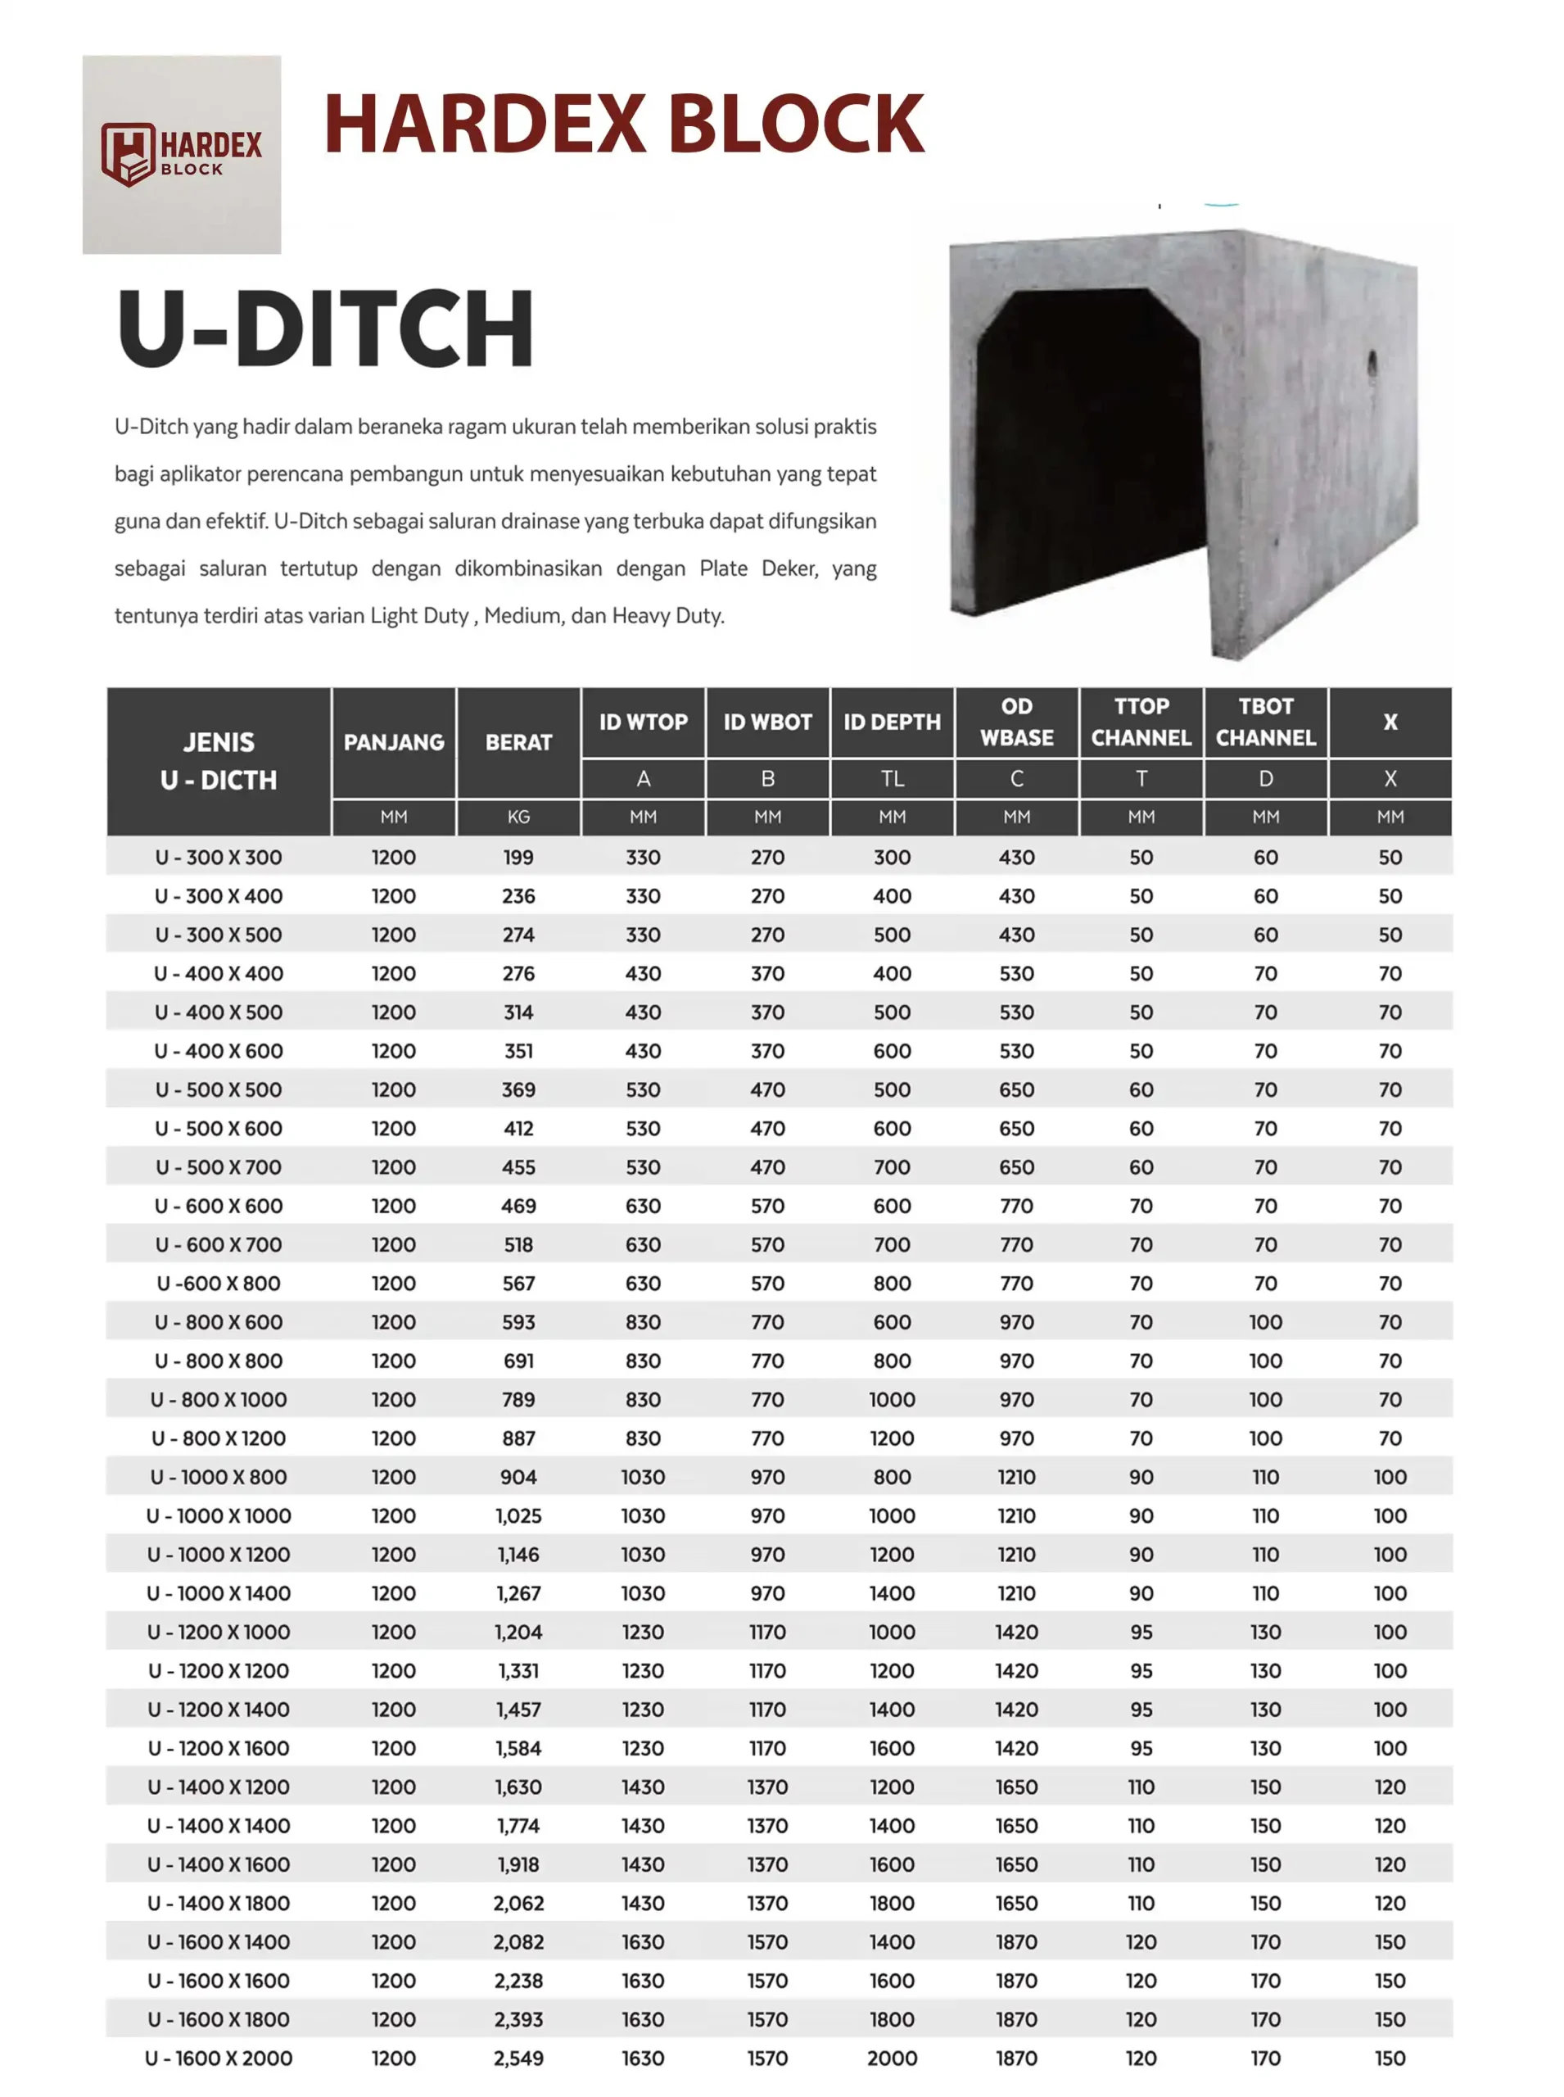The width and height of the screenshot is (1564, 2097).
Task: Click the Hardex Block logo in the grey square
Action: pyautogui.click(x=181, y=154)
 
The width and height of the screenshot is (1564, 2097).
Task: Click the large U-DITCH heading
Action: pyautogui.click(x=326, y=328)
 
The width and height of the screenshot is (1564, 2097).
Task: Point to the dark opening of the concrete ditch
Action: pyautogui.click(x=1089, y=445)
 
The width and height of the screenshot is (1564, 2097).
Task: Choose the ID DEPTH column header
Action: pyautogui.click(x=892, y=722)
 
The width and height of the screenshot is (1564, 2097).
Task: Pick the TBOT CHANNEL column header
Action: pyautogui.click(x=1265, y=722)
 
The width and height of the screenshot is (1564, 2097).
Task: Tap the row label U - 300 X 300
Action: pyautogui.click(x=219, y=857)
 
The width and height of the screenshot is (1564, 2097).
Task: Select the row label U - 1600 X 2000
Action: pyautogui.click(x=219, y=2059)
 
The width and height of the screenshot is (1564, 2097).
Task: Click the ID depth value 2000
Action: pyautogui.click(x=892, y=2059)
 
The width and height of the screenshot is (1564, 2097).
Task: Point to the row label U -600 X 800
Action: pyautogui.click(x=219, y=1284)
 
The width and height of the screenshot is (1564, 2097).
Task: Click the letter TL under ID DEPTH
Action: pyautogui.click(x=892, y=778)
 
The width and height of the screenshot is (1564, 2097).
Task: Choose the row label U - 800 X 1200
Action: pyautogui.click(x=219, y=1438)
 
